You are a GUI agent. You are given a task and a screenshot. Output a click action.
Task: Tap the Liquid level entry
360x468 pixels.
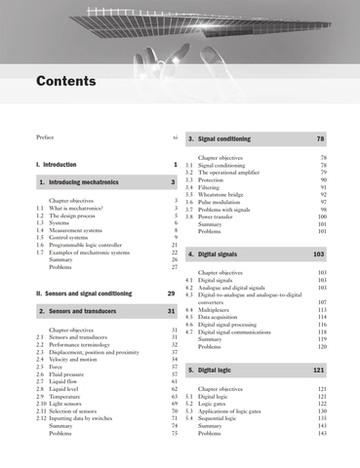68,389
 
